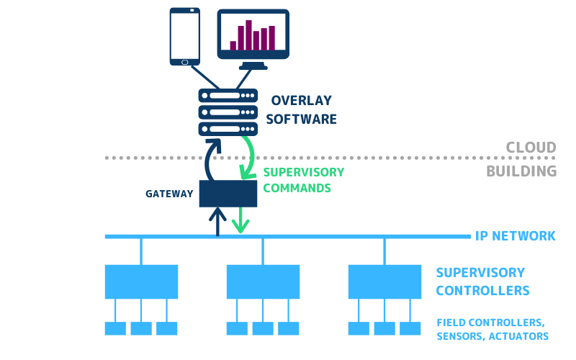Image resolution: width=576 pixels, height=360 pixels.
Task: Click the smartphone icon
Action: tap(184, 35)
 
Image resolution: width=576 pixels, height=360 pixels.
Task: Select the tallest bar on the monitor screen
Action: tap(249, 35)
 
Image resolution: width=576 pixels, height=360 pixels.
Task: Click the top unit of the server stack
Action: tap(228, 96)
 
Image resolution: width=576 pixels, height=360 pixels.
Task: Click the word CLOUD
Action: tap(531, 148)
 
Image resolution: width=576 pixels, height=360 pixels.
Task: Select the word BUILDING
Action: tap(521, 171)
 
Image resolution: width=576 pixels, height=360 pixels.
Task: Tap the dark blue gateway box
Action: tap(228, 194)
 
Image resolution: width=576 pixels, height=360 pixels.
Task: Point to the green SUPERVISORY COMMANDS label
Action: tap(303, 180)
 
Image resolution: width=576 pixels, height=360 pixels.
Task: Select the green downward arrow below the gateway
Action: tap(240, 220)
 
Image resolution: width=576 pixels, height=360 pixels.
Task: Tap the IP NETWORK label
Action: tap(515, 235)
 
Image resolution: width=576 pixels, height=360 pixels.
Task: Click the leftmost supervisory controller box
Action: tap(141, 282)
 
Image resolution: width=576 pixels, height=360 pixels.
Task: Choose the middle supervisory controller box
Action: tap(263, 282)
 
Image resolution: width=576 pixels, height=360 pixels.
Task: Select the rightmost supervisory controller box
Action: tap(384, 282)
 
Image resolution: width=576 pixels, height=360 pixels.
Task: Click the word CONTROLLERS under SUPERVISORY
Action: tap(482, 291)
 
